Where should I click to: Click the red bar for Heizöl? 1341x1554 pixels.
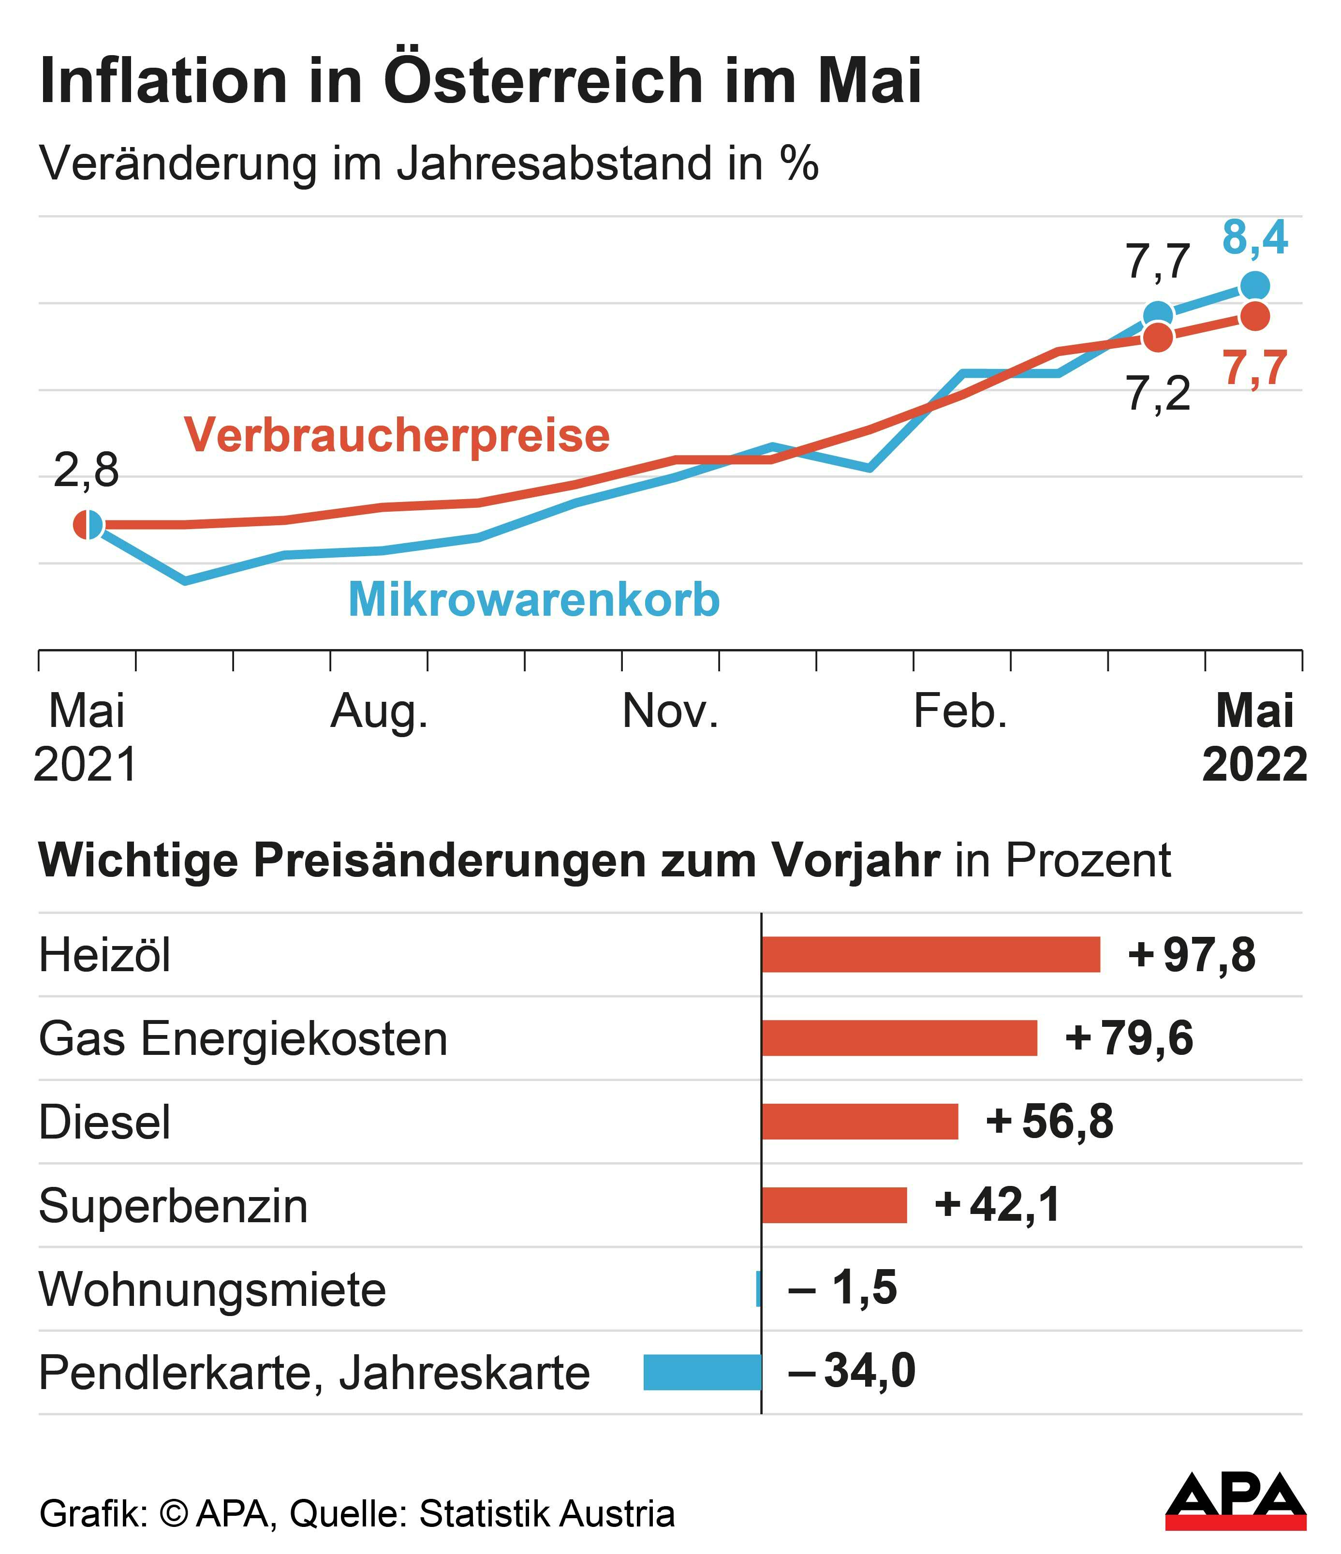click(930, 955)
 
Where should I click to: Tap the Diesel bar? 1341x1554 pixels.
click(859, 1122)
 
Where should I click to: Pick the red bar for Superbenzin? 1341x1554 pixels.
click(834, 1205)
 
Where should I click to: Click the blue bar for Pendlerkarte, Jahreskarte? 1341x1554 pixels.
click(702, 1373)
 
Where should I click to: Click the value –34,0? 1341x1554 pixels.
click(851, 1372)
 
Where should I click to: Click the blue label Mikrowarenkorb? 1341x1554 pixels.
click(534, 600)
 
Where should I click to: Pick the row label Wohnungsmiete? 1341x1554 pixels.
click(212, 1290)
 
